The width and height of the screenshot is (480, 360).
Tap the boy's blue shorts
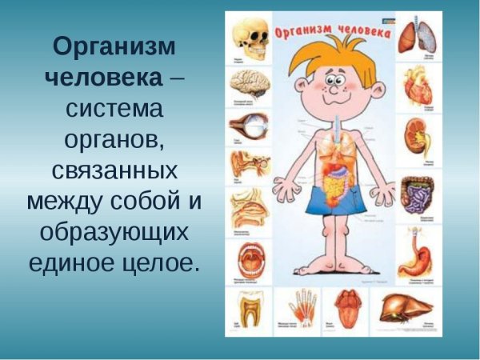click(337, 200)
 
